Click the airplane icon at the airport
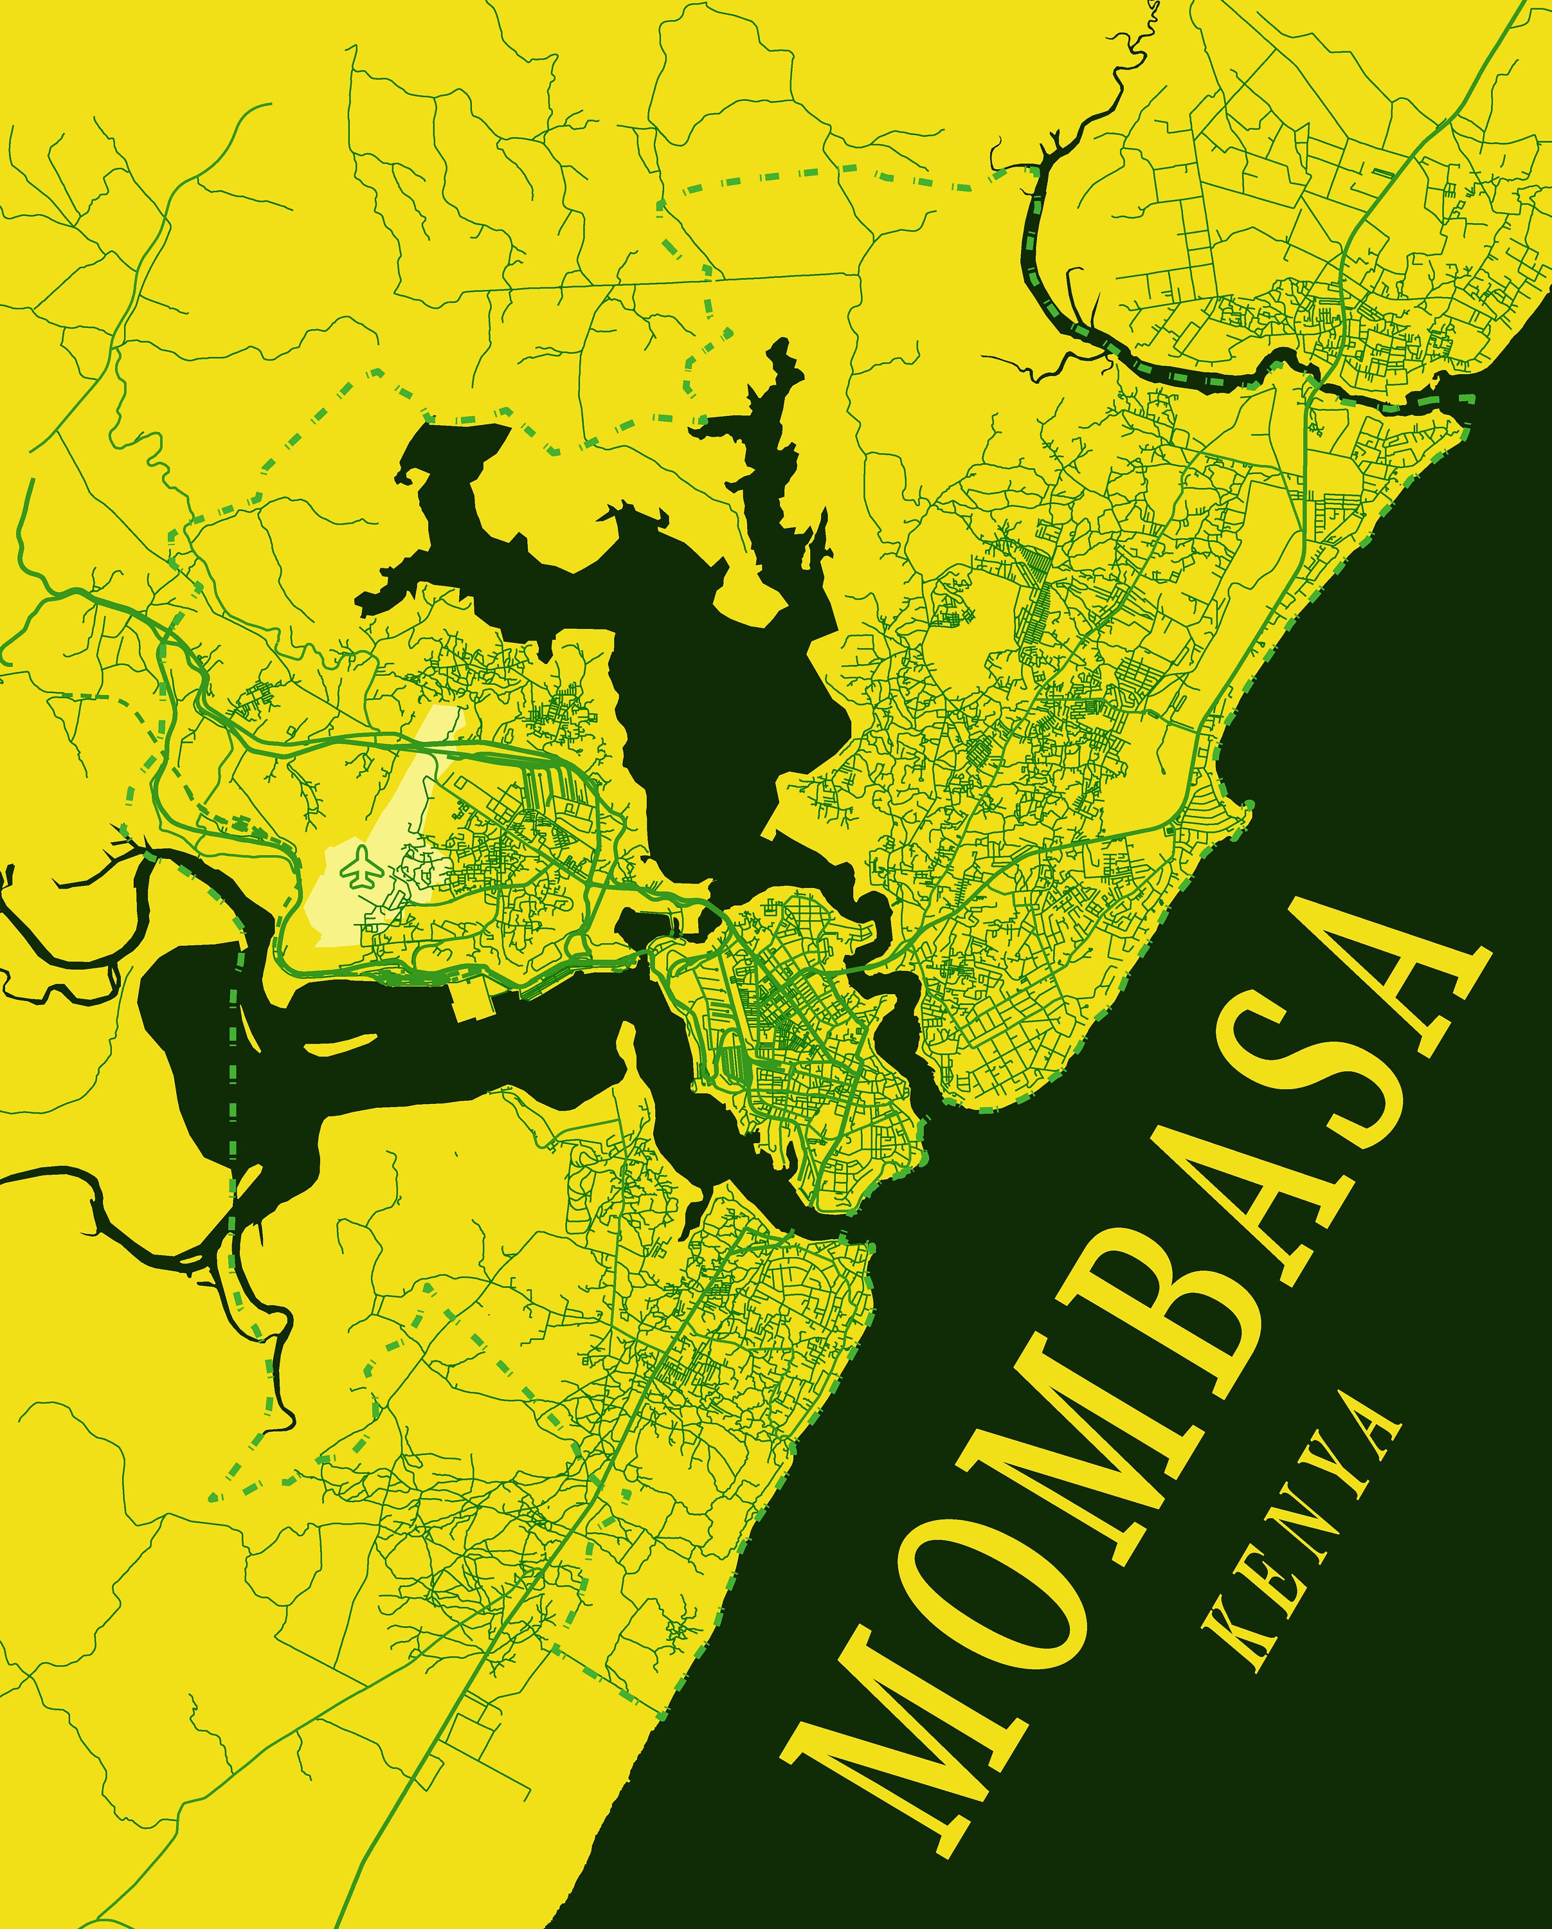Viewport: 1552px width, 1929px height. [361, 867]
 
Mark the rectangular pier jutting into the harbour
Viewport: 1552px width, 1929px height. [474, 1002]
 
